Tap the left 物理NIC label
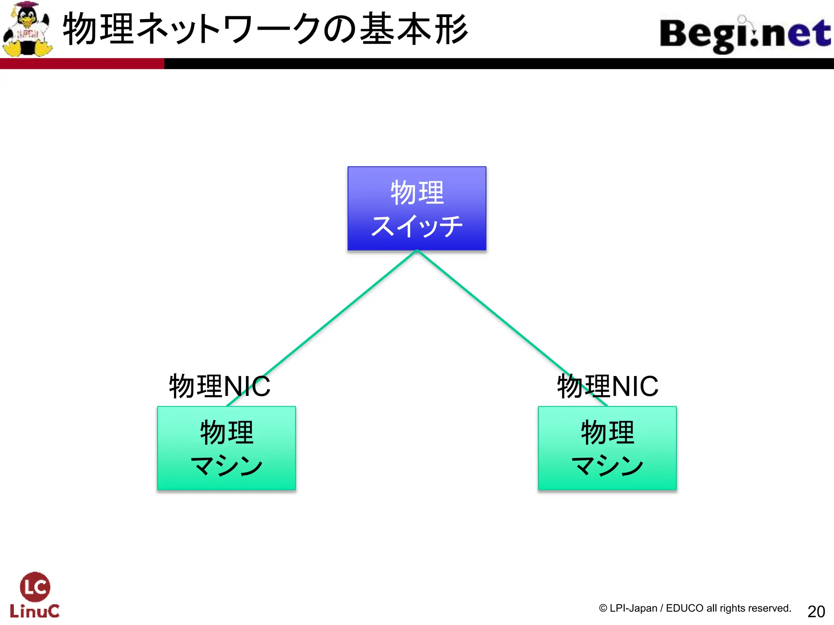tap(219, 386)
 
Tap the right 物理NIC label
tap(608, 386)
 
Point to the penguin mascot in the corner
tap(27, 29)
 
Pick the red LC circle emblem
tap(35, 586)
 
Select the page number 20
tap(816, 612)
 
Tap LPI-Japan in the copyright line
tap(633, 608)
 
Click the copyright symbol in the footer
tap(603, 608)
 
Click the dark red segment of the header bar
tap(81, 63)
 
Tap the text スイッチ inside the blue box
tap(417, 226)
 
